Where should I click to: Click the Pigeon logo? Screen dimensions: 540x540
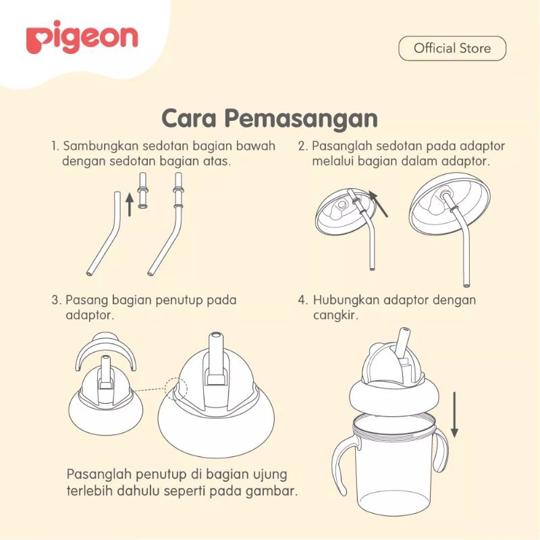click(x=82, y=37)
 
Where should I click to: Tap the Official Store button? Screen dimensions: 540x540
click(x=452, y=48)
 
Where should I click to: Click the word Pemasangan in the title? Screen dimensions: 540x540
click(x=301, y=119)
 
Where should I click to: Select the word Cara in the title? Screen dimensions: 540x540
click(x=189, y=118)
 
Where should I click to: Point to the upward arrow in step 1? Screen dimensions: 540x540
click(x=130, y=205)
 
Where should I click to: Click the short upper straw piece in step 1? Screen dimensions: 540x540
click(x=142, y=190)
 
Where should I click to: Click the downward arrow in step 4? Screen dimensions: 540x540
click(x=454, y=414)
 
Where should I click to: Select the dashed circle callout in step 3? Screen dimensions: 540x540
click(x=176, y=389)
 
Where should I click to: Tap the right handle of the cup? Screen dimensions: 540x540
click(x=441, y=451)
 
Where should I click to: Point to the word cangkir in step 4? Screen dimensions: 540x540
click(x=335, y=315)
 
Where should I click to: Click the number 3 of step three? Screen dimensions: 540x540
click(x=56, y=300)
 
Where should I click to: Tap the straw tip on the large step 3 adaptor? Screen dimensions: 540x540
click(x=215, y=335)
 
